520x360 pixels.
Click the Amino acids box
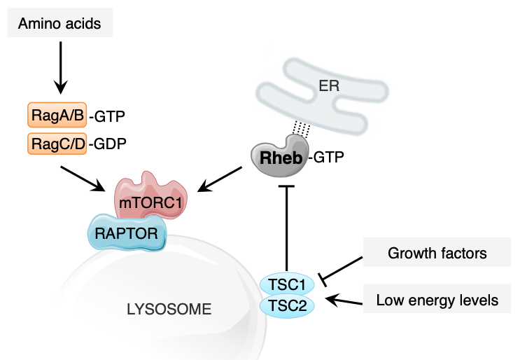click(60, 24)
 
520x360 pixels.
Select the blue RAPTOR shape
click(127, 233)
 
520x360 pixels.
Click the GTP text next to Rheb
click(329, 158)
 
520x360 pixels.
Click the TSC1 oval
click(286, 285)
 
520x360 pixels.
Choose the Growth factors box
click(437, 252)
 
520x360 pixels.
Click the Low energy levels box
click(437, 301)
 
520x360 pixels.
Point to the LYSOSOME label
click(168, 308)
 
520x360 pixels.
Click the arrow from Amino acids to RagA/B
click(61, 67)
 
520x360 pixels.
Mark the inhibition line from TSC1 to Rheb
click(286, 231)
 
